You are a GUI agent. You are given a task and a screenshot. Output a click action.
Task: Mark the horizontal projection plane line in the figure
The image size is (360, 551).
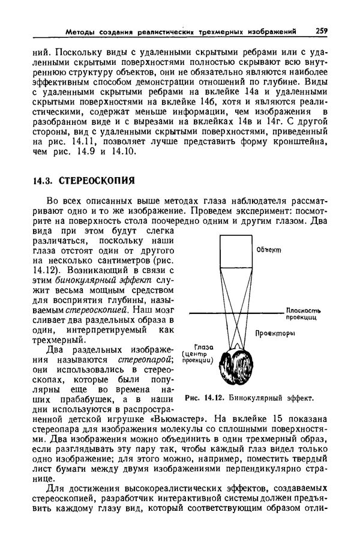[234, 312]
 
